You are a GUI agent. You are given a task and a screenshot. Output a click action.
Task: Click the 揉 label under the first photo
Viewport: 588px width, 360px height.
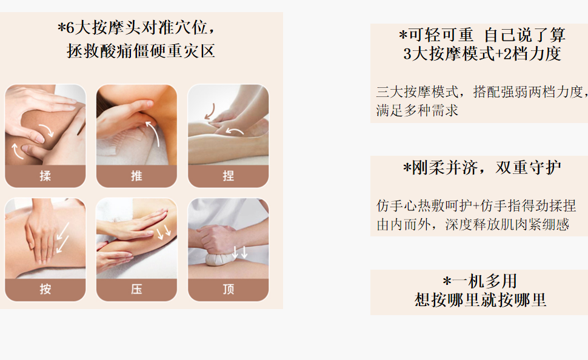[45, 176]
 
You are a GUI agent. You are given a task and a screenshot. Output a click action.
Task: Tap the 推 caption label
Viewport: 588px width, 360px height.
[136, 176]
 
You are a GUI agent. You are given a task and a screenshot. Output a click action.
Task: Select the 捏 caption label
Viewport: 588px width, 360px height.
[228, 176]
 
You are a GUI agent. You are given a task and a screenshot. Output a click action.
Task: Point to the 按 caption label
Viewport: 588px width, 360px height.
[45, 288]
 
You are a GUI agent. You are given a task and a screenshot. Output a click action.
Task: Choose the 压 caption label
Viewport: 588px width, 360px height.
[136, 288]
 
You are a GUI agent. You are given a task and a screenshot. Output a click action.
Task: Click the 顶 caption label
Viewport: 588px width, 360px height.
[228, 288]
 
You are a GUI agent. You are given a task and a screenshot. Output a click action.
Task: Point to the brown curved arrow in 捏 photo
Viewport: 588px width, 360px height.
[211, 111]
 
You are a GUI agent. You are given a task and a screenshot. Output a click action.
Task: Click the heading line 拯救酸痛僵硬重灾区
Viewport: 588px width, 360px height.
[141, 51]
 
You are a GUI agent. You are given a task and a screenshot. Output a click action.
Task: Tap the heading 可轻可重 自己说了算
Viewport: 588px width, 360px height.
[483, 35]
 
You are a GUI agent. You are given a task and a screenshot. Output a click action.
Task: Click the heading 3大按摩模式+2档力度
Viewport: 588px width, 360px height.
[483, 53]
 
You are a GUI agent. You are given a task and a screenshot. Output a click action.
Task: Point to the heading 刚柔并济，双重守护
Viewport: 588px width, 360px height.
[483, 168]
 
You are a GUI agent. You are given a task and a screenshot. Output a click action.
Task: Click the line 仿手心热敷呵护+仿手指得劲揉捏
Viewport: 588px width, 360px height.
[476, 205]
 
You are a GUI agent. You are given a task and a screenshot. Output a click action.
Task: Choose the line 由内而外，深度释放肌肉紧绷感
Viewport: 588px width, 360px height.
[473, 225]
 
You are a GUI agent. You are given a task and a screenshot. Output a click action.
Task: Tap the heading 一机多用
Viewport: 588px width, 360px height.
[480, 281]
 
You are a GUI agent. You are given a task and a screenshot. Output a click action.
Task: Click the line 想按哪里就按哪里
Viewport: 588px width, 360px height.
[480, 300]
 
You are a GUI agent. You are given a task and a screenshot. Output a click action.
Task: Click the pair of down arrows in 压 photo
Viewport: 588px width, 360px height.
[164, 232]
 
